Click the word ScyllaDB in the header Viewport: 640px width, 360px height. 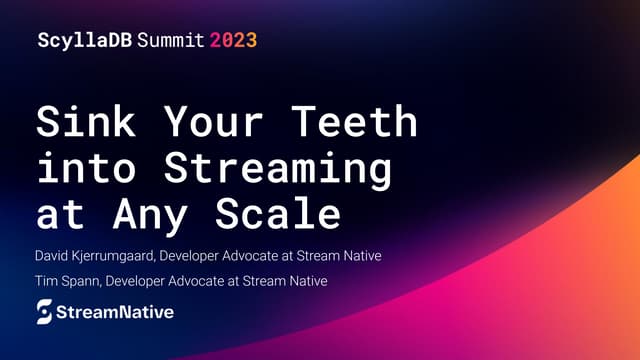(x=80, y=41)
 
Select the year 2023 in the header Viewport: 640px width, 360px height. (x=233, y=41)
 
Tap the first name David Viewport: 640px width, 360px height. (x=53, y=256)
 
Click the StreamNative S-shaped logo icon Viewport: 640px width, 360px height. (x=45, y=313)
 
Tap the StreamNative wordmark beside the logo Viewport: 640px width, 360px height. (x=114, y=313)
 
